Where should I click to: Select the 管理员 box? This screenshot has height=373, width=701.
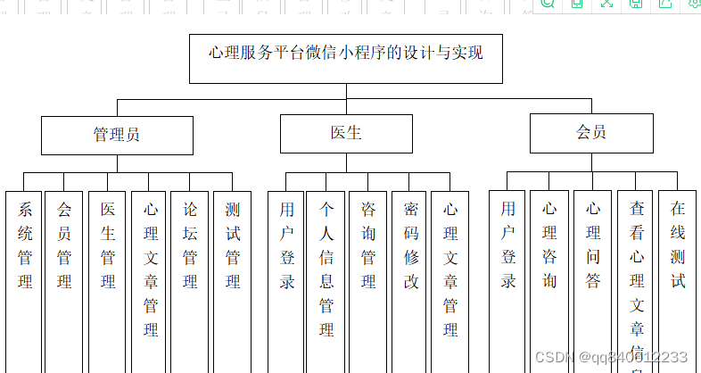coord(117,134)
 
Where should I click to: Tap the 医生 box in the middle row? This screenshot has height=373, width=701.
coord(346,134)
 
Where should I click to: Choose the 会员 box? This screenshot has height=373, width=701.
coord(590,133)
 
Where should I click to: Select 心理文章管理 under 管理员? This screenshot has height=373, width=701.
coord(151,269)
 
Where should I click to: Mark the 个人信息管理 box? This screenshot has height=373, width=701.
coord(326,269)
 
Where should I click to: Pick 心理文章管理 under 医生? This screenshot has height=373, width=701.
coord(450,269)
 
